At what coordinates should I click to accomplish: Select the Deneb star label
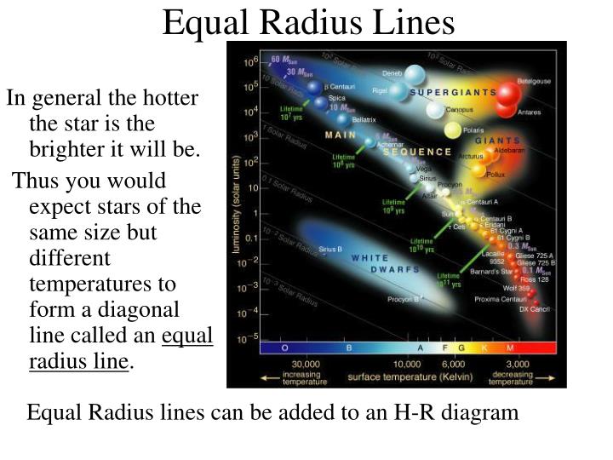tap(392, 72)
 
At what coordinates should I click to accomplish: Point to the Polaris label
tap(474, 130)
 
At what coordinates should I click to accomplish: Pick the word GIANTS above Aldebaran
tap(497, 141)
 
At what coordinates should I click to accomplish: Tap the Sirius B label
tap(329, 249)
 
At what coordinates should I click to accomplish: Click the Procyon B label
tap(404, 299)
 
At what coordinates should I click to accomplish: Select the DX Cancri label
tap(535, 309)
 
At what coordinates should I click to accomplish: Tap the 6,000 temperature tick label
tap(453, 364)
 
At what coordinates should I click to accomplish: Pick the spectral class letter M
tap(511, 348)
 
